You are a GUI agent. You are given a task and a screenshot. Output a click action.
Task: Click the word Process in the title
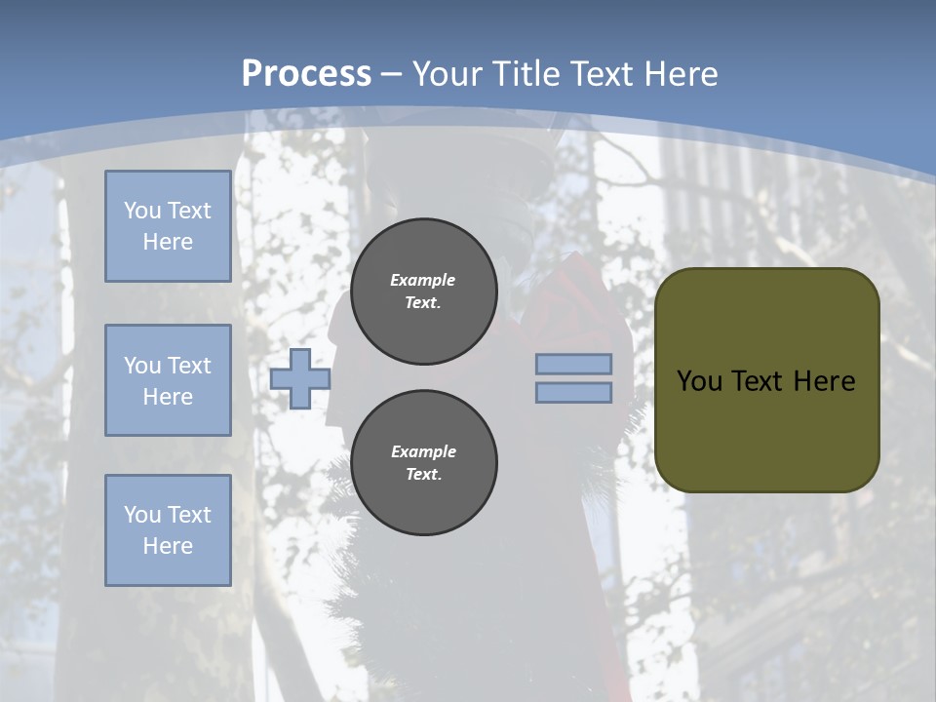(306, 74)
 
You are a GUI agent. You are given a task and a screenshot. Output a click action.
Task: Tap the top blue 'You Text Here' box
(168, 226)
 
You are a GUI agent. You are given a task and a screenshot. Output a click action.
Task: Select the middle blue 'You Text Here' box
(168, 380)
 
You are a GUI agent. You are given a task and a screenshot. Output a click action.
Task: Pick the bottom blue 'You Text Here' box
(168, 530)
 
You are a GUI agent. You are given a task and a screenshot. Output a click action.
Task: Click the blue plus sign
(300, 378)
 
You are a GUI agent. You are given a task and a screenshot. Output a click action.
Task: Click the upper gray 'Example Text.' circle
(424, 292)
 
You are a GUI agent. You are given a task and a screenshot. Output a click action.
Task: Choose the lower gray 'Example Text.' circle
(424, 463)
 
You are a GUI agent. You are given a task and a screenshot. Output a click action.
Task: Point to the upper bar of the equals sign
(574, 364)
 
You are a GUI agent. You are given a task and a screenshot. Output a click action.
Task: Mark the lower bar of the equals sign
(574, 393)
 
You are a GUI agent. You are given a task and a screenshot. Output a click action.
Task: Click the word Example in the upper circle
(423, 280)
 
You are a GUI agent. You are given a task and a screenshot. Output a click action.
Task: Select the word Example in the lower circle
(423, 451)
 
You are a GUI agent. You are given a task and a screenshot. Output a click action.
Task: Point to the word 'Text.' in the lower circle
(423, 475)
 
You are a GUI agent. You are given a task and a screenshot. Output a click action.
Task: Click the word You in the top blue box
(141, 211)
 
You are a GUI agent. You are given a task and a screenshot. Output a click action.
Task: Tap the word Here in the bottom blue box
(168, 546)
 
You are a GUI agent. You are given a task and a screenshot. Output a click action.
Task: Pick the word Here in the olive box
(824, 381)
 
